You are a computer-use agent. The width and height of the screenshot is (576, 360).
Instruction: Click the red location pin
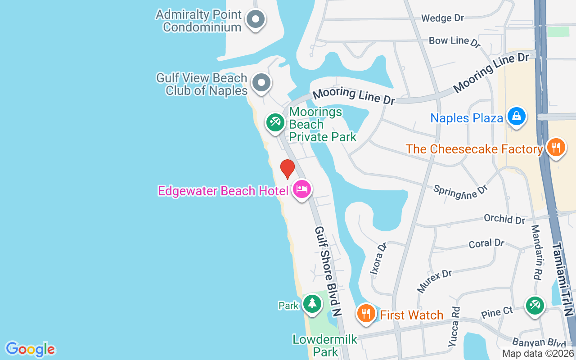[x=288, y=169]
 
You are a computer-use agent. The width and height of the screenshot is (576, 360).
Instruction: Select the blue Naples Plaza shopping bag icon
[x=517, y=117]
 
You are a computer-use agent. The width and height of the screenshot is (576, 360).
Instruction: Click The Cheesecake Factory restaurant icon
[x=556, y=148]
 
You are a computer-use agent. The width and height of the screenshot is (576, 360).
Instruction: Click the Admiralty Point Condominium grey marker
[x=256, y=19]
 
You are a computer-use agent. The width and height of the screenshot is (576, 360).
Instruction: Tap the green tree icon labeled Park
[x=311, y=304]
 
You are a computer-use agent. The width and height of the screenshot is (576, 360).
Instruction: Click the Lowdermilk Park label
[x=319, y=345]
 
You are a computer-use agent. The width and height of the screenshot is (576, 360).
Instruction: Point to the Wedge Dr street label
[x=442, y=18]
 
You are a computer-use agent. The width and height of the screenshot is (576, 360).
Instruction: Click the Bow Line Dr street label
[x=454, y=41]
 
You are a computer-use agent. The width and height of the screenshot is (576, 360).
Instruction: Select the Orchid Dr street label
[x=504, y=220]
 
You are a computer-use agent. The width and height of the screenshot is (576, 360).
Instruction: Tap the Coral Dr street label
[x=486, y=243]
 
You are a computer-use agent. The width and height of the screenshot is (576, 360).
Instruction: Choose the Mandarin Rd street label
[x=535, y=252]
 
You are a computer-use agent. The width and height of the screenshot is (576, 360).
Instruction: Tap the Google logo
[x=30, y=349]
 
